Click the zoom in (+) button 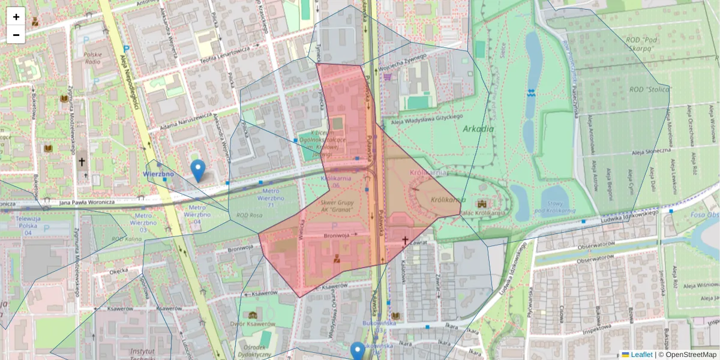point(16,17)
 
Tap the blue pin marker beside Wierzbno point(197,170)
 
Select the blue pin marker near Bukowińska point(358,350)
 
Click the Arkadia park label point(478,128)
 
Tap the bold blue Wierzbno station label point(159,174)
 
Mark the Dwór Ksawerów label point(257,324)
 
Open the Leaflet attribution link point(641,355)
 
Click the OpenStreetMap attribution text point(691,355)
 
